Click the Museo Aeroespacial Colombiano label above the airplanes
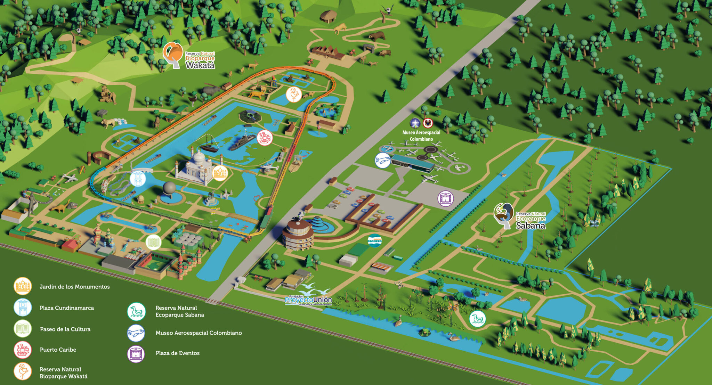pyautogui.click(x=421, y=136)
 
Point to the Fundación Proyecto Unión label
pyautogui.click(x=308, y=299)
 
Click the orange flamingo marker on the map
pyautogui.click(x=294, y=94)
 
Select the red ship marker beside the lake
pyautogui.click(x=265, y=138)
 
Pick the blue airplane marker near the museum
pyautogui.click(x=382, y=160)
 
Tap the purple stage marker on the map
pyautogui.click(x=445, y=198)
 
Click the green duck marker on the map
pyautogui.click(x=477, y=319)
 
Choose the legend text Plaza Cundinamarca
pyautogui.click(x=67, y=308)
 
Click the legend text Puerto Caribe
pyautogui.click(x=58, y=350)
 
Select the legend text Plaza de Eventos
pyautogui.click(x=178, y=353)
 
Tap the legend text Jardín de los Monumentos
pyautogui.click(x=74, y=287)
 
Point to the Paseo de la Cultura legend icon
pyautogui.click(x=23, y=329)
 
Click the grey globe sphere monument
pyautogui.click(x=170, y=188)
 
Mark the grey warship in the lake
pyautogui.click(x=242, y=141)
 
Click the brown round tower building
pyautogui.click(x=298, y=235)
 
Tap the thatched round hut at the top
pyautogui.click(x=328, y=16)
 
